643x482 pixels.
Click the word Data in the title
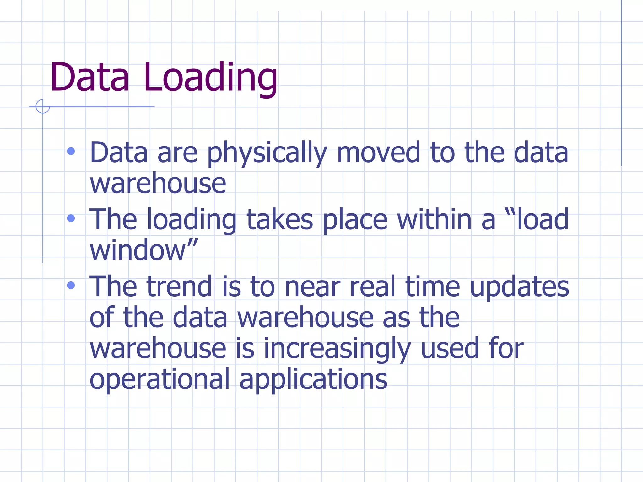point(89,78)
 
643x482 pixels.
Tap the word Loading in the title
point(210,78)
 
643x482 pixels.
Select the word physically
point(267,154)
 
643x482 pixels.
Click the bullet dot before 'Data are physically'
point(71,152)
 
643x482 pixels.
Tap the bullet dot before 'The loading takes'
point(71,218)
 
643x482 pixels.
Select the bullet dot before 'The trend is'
point(71,285)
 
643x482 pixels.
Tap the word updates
point(519,287)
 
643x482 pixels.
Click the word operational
point(160,380)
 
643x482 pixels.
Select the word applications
point(313,380)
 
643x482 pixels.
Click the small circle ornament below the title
point(42,106)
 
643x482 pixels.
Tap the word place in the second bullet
point(355,220)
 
